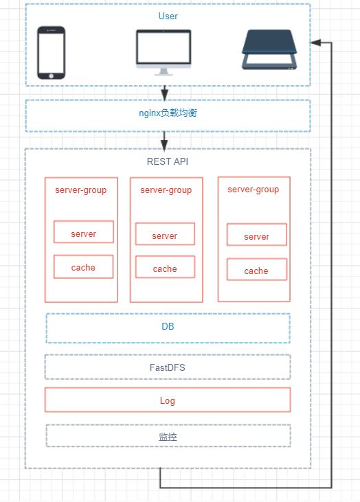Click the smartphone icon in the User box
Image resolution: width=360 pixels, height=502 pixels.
pos(52,52)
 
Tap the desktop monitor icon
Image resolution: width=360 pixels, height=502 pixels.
pos(164,52)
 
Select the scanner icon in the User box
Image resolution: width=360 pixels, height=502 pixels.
pos(269,49)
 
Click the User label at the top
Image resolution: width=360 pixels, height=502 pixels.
pos(168,16)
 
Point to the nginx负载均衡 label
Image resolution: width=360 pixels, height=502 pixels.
pos(168,113)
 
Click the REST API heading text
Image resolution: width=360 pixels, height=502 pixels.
pos(168,161)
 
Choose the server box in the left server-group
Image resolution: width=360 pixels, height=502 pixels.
pos(84,232)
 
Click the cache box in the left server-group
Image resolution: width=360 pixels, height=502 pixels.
pos(84,266)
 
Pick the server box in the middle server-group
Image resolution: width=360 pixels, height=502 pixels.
pos(165,234)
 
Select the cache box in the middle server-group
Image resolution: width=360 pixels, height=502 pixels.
pos(165,267)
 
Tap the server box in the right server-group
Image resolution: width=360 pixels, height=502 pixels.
pos(256,235)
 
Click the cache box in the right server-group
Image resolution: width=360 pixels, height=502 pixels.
pos(256,270)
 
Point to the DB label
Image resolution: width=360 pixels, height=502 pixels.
pos(168,327)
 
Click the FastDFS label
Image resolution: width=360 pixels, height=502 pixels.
pos(168,367)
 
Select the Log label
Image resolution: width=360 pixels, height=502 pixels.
pos(168,401)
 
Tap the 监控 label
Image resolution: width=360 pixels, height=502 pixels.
pos(168,437)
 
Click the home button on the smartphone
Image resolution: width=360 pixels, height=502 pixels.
pos(52,76)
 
